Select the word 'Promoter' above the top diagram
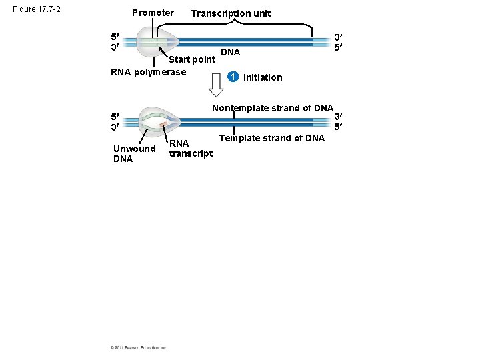tap(153, 13)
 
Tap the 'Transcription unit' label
tap(231, 13)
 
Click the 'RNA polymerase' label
tap(147, 72)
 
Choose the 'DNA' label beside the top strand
tap(230, 52)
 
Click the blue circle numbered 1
tap(232, 77)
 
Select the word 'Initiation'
tap(263, 77)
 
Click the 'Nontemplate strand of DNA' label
tap(272, 108)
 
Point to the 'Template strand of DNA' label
tap(272, 138)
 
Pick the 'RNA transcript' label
tap(190, 149)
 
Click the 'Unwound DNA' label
tap(134, 153)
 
